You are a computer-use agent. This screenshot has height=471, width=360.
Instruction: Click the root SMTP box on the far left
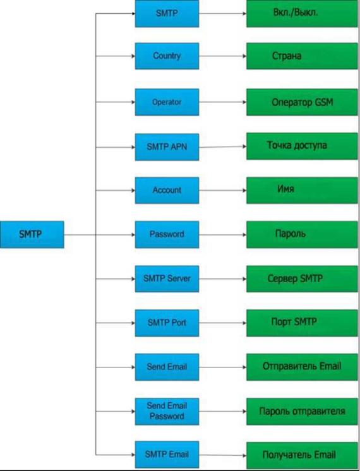pos(32,235)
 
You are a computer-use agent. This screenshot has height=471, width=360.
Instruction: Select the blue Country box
pos(167,56)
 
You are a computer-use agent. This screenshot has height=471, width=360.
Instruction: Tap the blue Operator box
pos(167,102)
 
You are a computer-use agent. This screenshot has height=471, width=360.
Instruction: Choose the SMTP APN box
pos(167,147)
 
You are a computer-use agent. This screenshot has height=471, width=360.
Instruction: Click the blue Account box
pos(167,191)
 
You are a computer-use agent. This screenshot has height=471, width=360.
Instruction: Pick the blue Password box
pos(167,235)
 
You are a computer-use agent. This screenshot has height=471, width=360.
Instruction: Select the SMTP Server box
pos(167,279)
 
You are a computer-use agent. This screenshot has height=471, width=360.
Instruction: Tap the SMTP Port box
pos(167,323)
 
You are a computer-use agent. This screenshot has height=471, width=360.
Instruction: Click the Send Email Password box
pos(167,412)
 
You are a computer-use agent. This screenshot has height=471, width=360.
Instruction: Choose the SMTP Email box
pos(167,455)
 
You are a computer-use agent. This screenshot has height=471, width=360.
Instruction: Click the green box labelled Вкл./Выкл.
pos(302,13)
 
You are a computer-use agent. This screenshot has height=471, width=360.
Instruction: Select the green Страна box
pos(302,56)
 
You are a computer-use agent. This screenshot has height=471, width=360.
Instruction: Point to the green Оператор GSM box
pos(302,102)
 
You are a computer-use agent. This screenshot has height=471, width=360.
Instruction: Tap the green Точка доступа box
pos(302,146)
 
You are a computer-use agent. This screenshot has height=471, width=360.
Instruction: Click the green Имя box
pos(302,191)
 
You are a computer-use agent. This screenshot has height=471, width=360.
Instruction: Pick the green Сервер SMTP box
pos(302,279)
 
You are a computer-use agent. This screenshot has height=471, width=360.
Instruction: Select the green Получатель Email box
pos(302,455)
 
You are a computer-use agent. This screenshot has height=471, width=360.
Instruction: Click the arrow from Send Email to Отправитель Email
pos(223,367)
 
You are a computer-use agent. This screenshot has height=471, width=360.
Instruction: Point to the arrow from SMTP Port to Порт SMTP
pos(223,323)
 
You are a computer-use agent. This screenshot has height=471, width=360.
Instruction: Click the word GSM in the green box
pos(324,102)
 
